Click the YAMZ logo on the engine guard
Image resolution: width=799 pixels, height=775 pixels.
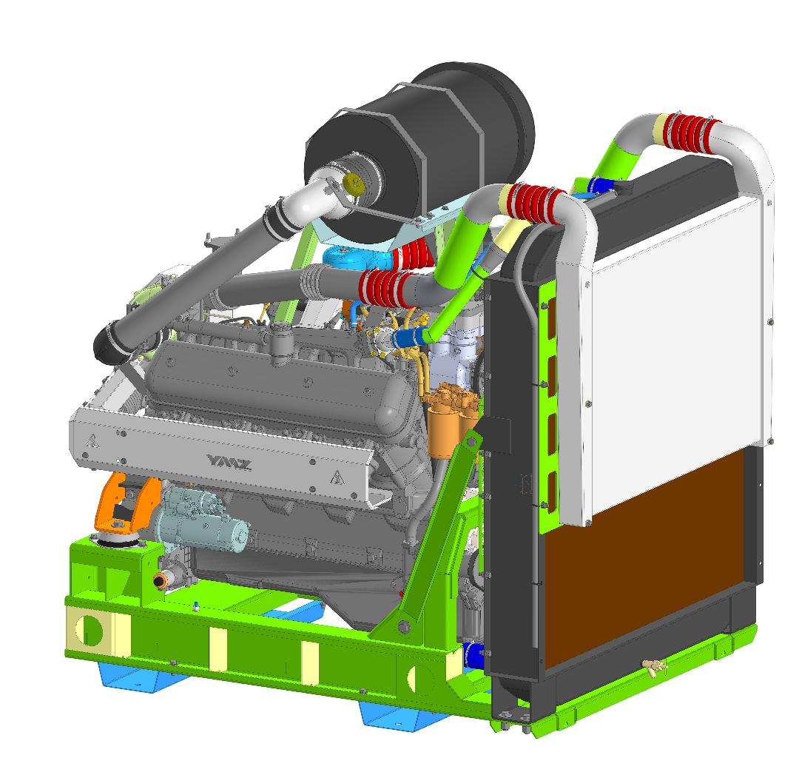click(229, 463)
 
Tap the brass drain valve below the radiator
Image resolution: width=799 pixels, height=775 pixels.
click(654, 666)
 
